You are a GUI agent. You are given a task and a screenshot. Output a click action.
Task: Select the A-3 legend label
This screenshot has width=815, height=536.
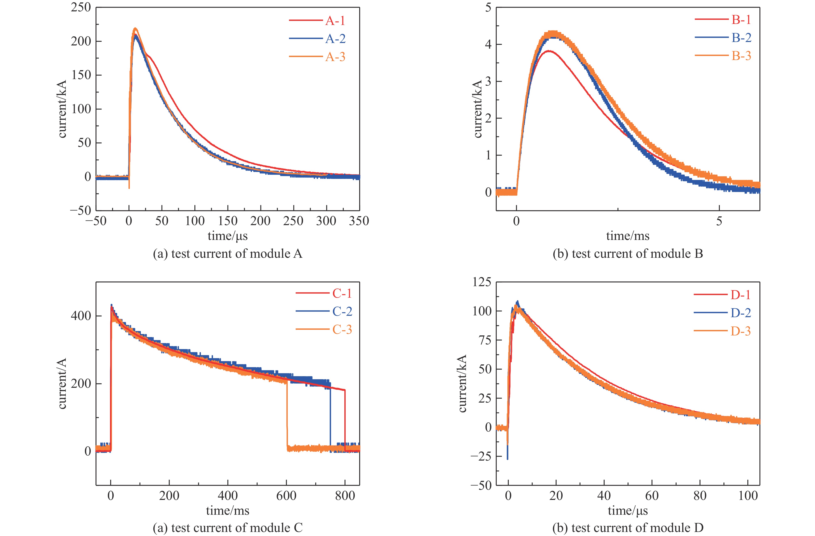(x=335, y=57)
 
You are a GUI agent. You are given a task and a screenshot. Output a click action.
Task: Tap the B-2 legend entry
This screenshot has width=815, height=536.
(x=741, y=38)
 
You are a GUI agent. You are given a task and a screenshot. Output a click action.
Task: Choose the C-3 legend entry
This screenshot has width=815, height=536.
(x=342, y=330)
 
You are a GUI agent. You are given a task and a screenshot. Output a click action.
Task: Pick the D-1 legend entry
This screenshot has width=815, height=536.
(x=740, y=295)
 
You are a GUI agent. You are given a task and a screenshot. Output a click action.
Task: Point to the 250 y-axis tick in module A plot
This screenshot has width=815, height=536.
(x=81, y=8)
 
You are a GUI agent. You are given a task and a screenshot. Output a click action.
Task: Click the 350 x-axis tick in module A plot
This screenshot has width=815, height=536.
(x=359, y=221)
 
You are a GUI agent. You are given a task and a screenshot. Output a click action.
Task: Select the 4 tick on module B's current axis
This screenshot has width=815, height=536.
(x=488, y=44)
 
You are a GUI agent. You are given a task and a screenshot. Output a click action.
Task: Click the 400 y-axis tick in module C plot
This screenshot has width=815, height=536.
(x=81, y=316)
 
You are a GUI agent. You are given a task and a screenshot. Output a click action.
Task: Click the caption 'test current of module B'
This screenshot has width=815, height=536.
(x=628, y=254)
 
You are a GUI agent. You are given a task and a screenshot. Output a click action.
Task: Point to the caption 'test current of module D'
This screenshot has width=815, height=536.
(x=628, y=527)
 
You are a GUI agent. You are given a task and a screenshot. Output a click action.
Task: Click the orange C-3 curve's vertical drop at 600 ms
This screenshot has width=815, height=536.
(x=287, y=416)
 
